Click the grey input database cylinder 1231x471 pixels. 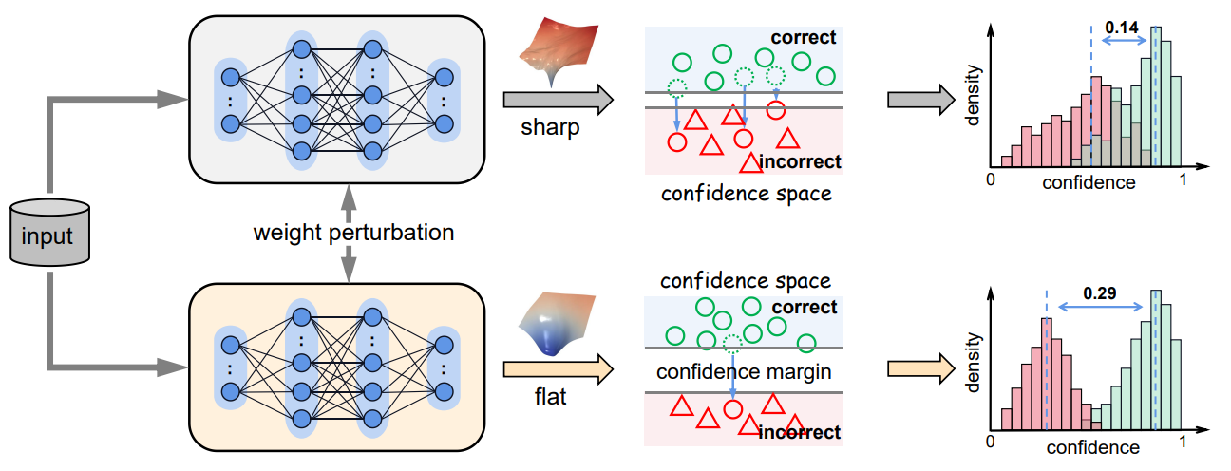pos(48,232)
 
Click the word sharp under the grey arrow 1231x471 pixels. pos(550,127)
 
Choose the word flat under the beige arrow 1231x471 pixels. pos(549,397)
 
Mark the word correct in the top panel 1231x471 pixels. pos(804,38)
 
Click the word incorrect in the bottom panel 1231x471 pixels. pos(800,433)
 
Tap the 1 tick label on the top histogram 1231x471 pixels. pos(1184,180)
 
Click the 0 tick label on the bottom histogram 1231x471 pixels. pos(991,442)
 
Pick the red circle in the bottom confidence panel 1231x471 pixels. pos(731,410)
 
